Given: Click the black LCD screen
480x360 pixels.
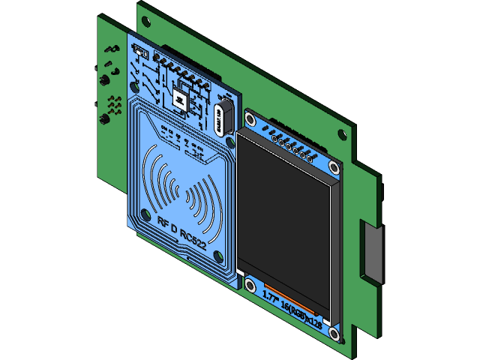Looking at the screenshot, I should coord(285,217).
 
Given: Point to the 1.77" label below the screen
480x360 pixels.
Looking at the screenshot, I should coord(269,295).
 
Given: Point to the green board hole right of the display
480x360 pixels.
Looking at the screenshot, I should coord(342,135).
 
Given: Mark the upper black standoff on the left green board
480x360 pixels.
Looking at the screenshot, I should coord(106,79).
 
